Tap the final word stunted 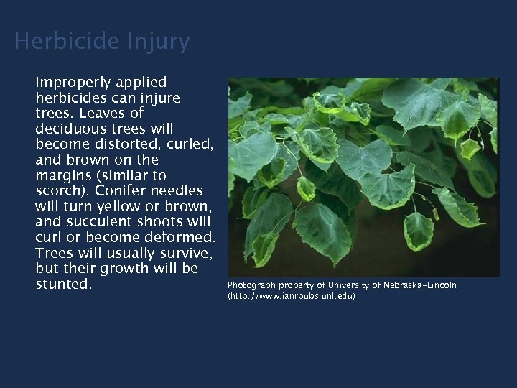tap(63, 285)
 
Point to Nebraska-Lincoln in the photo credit tap(419, 285)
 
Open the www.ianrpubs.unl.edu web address tap(292, 296)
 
